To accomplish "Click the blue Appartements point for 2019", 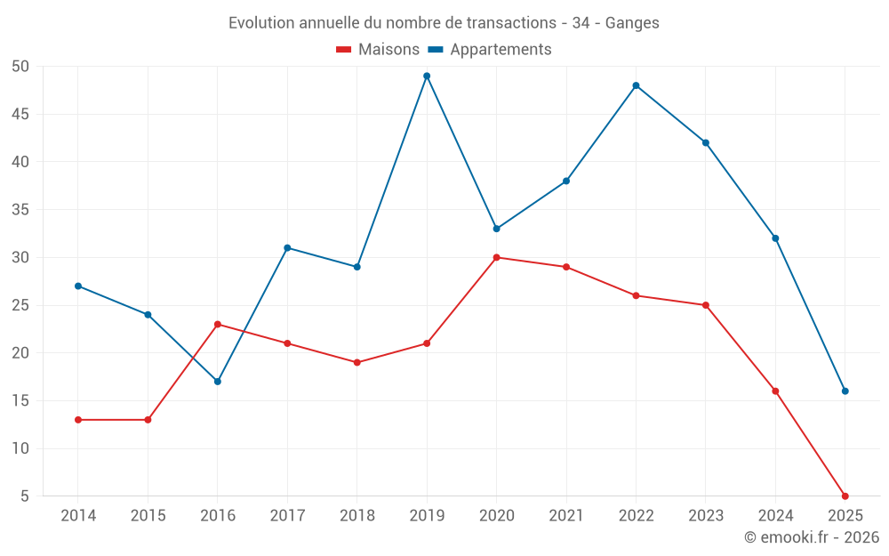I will click(427, 76).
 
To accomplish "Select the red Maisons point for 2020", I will click(496, 258).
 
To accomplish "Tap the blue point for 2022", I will click(636, 85).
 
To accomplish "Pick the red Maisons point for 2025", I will click(845, 496).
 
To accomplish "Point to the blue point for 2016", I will click(218, 382).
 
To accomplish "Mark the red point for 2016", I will click(218, 324).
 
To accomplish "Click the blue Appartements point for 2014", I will click(78, 286).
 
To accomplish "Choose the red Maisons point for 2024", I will click(775, 391).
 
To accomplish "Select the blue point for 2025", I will click(845, 391).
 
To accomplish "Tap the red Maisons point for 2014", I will click(78, 420).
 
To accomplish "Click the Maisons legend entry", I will click(378, 50).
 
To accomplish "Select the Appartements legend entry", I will click(491, 50).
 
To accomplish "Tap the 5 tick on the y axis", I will click(25, 496).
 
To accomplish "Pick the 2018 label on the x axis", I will click(356, 516).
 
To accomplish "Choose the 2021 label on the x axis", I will click(566, 516).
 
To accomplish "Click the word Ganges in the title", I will click(632, 23).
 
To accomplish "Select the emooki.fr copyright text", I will click(812, 537).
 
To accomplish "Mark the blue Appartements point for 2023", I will click(706, 142).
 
